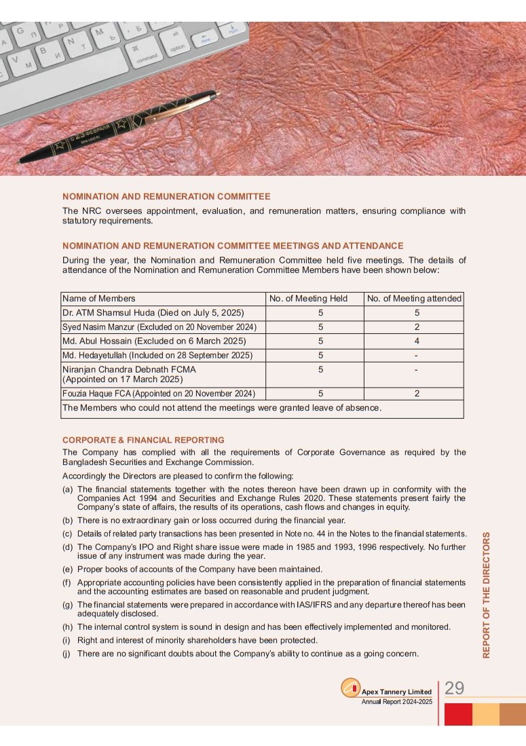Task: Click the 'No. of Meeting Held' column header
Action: point(308,299)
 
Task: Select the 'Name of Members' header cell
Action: point(99,299)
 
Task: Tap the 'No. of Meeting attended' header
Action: point(414,299)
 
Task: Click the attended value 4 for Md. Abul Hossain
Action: point(417,341)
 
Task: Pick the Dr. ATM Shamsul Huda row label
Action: point(153,313)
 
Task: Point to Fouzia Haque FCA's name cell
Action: point(159,394)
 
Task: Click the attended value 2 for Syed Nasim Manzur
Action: point(417,327)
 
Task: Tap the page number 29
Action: point(454,688)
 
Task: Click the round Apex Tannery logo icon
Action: point(350,688)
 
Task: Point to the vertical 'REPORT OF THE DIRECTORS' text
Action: point(486,595)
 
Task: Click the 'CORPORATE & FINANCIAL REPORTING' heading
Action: point(143,440)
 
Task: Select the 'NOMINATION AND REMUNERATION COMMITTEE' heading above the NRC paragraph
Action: point(166,197)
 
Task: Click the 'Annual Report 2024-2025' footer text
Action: point(396,702)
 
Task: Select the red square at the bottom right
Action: point(458,714)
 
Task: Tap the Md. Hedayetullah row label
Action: point(157,355)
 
